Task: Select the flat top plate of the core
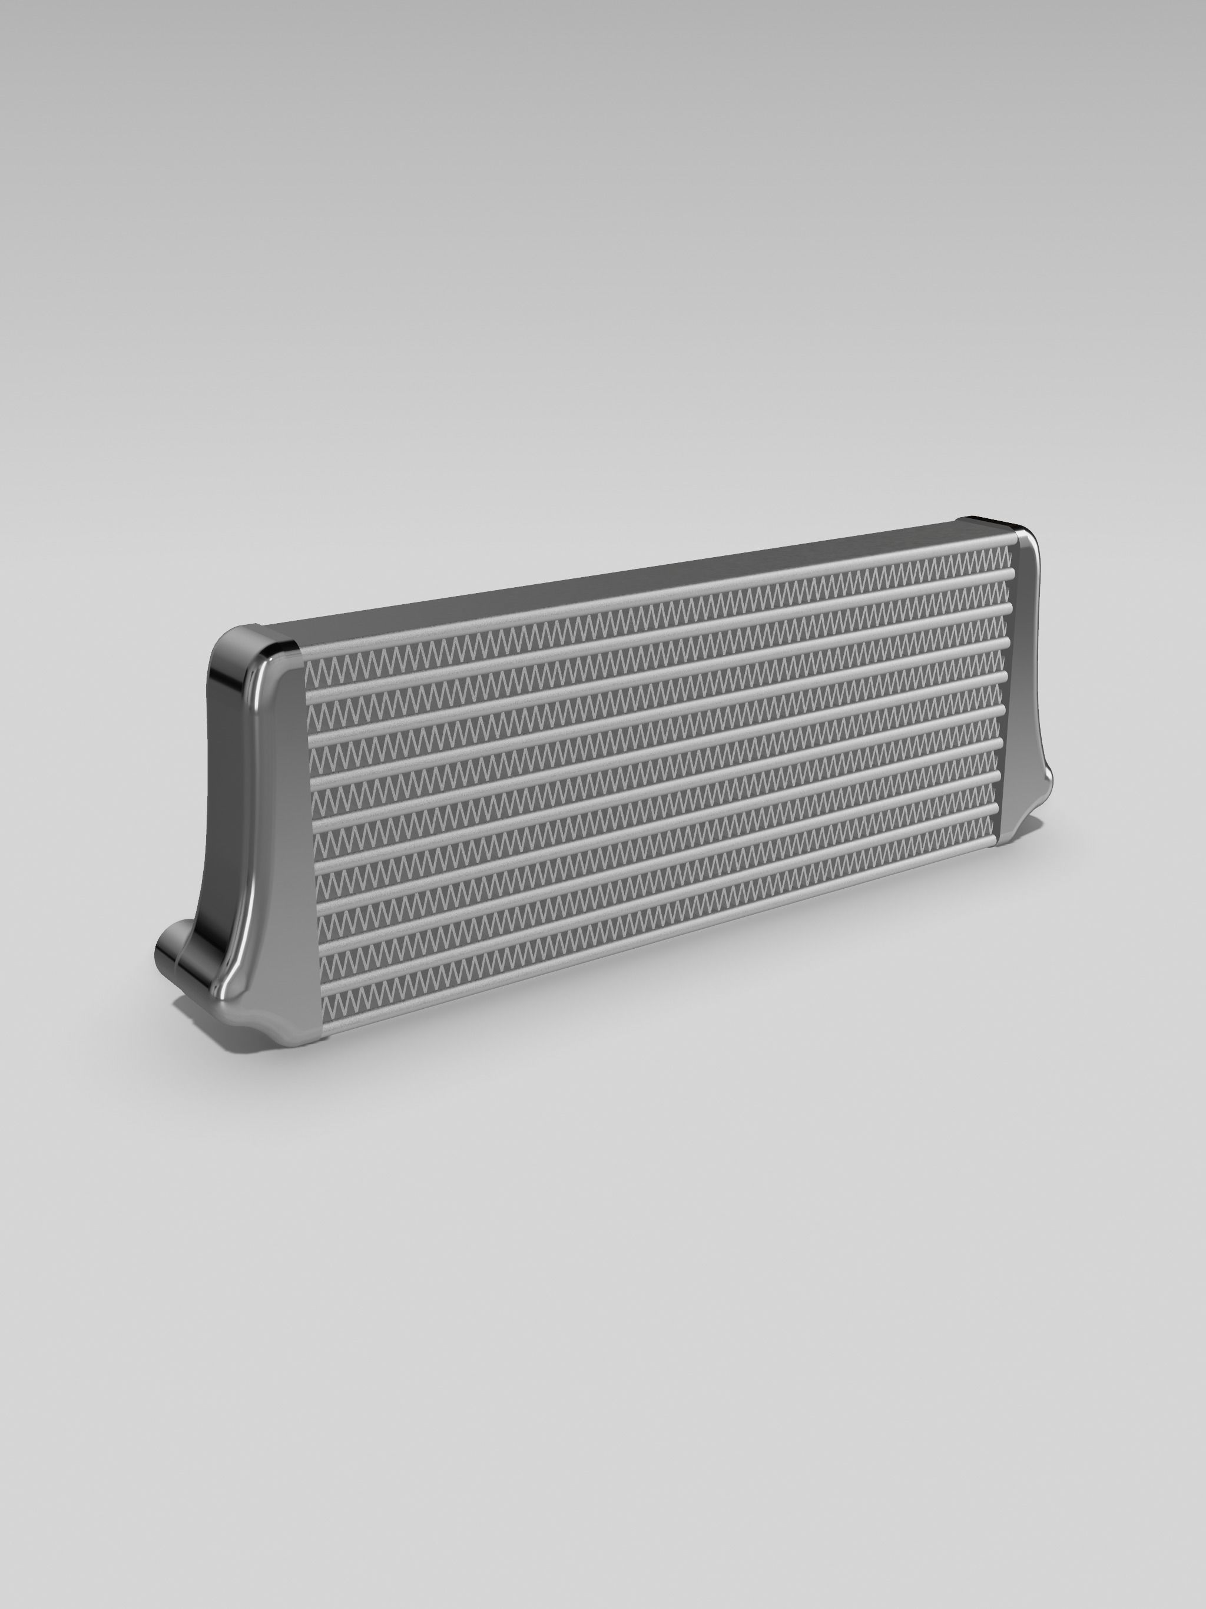click(x=618, y=582)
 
